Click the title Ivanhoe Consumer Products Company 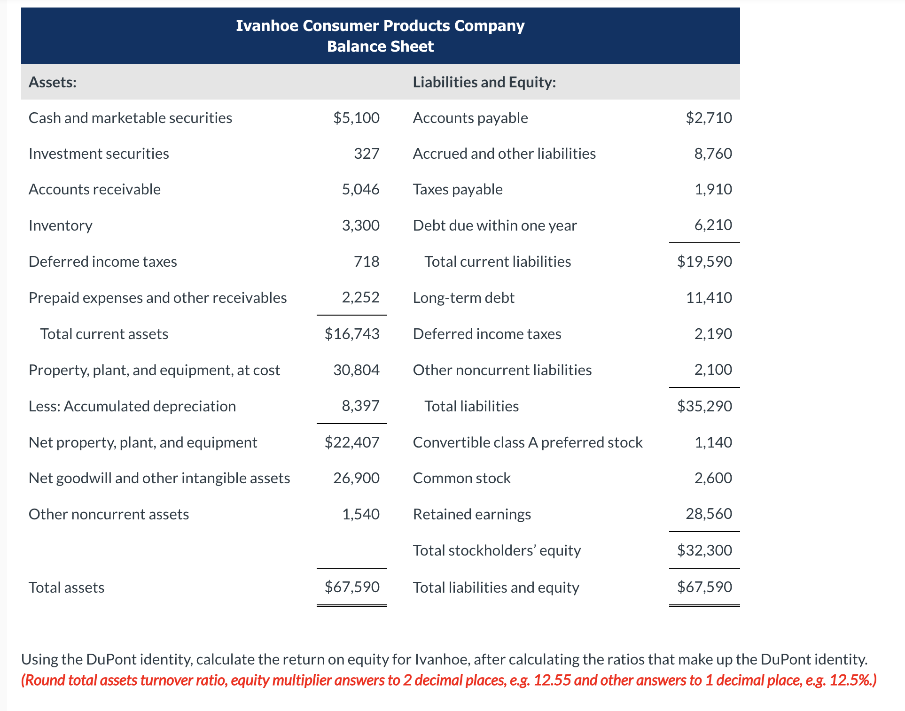click(380, 26)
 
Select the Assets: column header click(53, 82)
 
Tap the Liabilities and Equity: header click(484, 82)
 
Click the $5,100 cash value click(356, 118)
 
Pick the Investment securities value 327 click(367, 154)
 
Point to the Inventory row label click(61, 225)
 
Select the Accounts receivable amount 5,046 click(360, 189)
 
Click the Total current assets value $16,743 click(352, 334)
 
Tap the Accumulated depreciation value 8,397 click(360, 406)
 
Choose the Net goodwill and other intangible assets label click(159, 478)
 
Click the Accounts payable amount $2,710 click(709, 118)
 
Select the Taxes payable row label click(458, 189)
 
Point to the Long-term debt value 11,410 click(709, 298)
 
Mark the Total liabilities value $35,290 click(704, 406)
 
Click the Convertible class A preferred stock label click(528, 442)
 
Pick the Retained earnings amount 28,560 click(709, 514)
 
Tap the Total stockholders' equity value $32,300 click(704, 550)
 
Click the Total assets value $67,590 click(352, 587)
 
